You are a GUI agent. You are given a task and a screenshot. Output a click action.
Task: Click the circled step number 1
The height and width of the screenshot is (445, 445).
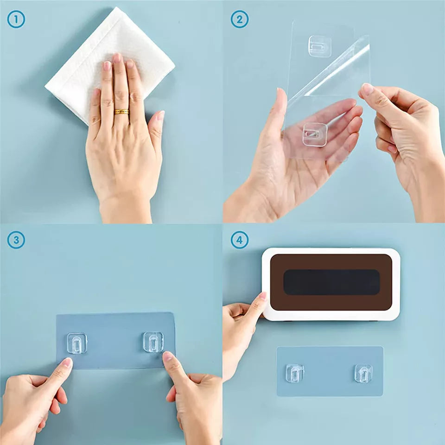click(16, 19)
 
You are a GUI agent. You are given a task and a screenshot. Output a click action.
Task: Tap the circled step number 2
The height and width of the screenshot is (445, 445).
click(239, 19)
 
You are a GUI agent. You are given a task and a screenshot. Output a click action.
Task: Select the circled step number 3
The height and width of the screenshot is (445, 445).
click(16, 241)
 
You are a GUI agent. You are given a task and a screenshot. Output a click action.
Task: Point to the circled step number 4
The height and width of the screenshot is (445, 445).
click(239, 241)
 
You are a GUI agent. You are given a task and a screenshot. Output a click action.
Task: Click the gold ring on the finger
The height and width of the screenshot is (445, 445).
click(121, 112)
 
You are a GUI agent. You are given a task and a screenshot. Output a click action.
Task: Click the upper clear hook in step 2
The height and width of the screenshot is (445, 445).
click(320, 46)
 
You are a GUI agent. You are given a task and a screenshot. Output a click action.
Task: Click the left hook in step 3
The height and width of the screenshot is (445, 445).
click(76, 343)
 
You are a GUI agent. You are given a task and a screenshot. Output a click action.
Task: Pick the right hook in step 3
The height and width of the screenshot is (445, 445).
click(153, 342)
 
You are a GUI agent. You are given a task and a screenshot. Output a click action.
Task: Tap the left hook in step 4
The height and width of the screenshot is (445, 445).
click(295, 373)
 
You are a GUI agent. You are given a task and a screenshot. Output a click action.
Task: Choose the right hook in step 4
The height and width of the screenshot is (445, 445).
click(364, 373)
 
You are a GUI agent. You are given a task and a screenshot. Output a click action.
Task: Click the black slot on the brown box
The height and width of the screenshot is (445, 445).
click(331, 282)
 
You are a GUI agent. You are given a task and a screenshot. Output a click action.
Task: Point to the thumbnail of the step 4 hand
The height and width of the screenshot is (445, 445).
click(262, 297)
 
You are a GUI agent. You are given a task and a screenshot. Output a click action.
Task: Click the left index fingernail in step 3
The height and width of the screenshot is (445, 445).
click(67, 362)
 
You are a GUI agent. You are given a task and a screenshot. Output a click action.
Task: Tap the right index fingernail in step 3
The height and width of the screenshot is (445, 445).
click(167, 357)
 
